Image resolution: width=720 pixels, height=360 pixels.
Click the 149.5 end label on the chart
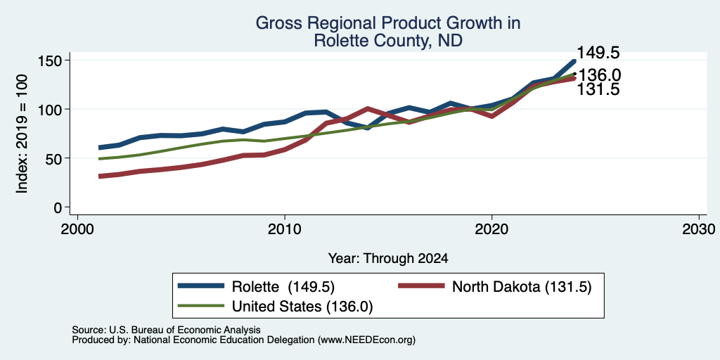tap(598, 53)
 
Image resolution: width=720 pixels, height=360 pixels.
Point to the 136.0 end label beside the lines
tap(599, 75)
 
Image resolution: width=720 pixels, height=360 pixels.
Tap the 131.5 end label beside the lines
tap(598, 89)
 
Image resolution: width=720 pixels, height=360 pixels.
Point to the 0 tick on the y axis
tap(58, 207)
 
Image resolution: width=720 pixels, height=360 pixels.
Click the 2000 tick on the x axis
tap(77, 229)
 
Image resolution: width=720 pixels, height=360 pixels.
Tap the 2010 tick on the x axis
tap(285, 229)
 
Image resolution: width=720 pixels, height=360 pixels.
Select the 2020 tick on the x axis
tap(491, 229)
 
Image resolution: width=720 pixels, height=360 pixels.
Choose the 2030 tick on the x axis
tap(699, 229)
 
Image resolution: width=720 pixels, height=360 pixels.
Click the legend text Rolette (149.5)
tap(283, 287)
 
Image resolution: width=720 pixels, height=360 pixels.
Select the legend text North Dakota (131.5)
tap(522, 287)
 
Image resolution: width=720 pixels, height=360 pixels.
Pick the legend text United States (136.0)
tap(302, 307)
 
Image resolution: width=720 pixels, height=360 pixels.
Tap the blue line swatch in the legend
tap(201, 286)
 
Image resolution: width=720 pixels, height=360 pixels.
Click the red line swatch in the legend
tap(422, 286)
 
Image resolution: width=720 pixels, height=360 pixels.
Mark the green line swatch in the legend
tap(201, 306)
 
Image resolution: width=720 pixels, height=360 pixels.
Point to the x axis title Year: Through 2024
tap(388, 259)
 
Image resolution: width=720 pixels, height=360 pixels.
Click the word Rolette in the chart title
tap(342, 41)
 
